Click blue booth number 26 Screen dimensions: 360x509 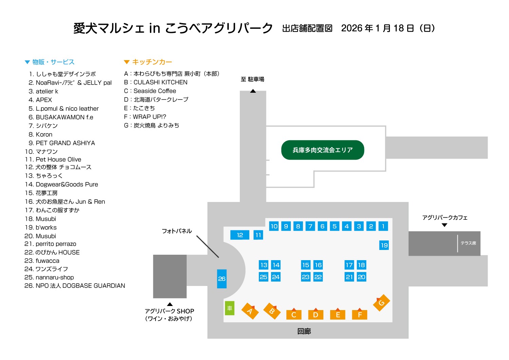pos(222,278)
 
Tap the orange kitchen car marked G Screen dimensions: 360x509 pos(381,303)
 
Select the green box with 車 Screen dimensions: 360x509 pos(230,308)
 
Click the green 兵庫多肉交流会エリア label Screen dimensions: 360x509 pos(322,150)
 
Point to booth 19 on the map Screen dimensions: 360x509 pos(384,245)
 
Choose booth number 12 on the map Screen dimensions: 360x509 pos(240,235)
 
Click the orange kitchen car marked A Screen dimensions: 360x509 pos(250,311)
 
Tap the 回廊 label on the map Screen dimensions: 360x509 pos(304,331)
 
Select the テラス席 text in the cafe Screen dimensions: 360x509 pos(468,243)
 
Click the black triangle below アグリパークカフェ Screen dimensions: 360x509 pos(444,225)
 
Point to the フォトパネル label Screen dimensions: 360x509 pos(177,231)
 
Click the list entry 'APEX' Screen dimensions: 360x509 pos(44,100)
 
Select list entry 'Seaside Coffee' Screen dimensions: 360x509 pos(155,91)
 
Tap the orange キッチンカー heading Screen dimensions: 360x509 pos(152,62)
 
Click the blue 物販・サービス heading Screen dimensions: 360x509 pos(53,62)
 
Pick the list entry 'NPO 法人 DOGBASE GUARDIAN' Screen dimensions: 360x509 pos(80,286)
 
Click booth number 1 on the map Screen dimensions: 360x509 pos(383,226)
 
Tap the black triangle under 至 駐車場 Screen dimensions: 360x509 pos(253,91)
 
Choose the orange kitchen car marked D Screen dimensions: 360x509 pos(316,314)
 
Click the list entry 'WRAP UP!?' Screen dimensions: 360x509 pos(149,117)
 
